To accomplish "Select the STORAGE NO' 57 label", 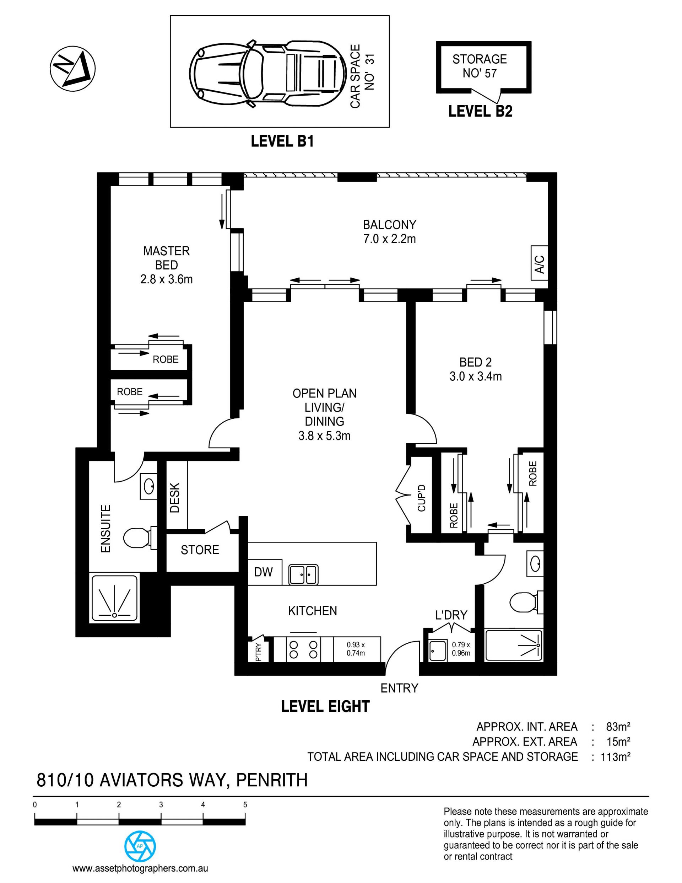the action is tap(480, 66).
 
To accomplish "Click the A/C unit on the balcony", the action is tap(539, 263).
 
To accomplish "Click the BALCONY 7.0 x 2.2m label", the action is tap(389, 232).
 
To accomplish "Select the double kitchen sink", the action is tap(303, 574).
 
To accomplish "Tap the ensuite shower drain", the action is tap(114, 615).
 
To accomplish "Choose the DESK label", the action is tap(174, 498).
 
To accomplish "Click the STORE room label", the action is tap(200, 550).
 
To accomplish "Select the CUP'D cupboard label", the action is tap(421, 498).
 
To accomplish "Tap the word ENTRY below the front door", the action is tap(399, 688).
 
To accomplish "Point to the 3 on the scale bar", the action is tap(161, 804).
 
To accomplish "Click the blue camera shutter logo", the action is tap(140, 846).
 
